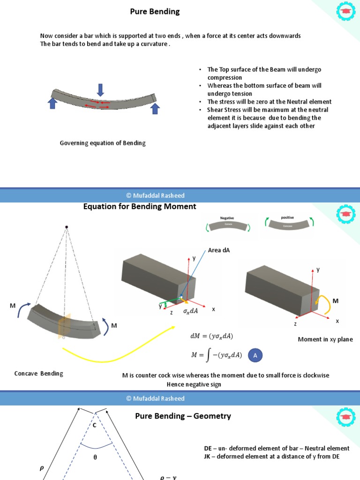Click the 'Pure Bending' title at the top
(155, 12)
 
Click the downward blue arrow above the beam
(100, 90)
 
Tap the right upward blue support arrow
(155, 109)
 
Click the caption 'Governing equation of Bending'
(103, 143)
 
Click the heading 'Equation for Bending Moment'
(140, 207)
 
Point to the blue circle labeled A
(255, 356)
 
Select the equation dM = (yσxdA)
(211, 336)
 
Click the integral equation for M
(217, 355)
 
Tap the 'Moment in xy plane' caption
(325, 339)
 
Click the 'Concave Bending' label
(38, 374)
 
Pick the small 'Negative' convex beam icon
(227, 225)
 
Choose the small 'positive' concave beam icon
(287, 225)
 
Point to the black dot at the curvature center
(67, 227)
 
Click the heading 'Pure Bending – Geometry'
(183, 416)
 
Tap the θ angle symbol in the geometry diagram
(95, 457)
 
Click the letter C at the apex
(94, 425)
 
